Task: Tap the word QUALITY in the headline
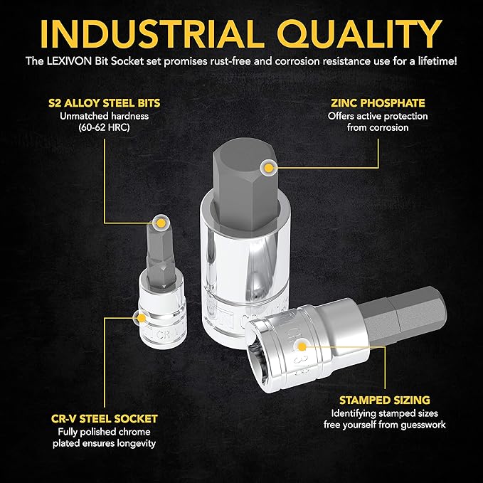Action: [x=359, y=34]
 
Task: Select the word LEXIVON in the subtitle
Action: [x=69, y=61]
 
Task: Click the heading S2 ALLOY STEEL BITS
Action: [x=105, y=103]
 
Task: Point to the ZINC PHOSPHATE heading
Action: [x=378, y=103]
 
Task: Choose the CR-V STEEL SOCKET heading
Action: [x=105, y=419]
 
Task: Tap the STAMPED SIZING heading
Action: [x=385, y=400]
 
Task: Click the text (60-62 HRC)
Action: [x=104, y=127]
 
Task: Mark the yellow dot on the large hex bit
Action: [x=269, y=168]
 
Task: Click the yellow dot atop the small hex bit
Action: [x=161, y=223]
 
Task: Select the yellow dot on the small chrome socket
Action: [x=142, y=318]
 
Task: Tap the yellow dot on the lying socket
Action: [x=302, y=347]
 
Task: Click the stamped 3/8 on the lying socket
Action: [x=297, y=364]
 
